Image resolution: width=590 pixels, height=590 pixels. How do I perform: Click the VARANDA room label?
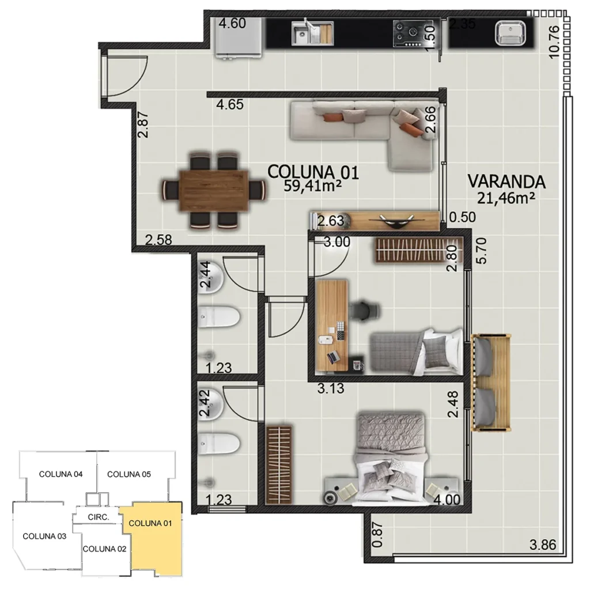tap(506, 181)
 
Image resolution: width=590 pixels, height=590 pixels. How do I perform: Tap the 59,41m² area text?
tap(313, 186)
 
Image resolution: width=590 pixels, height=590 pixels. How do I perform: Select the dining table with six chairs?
tap(214, 190)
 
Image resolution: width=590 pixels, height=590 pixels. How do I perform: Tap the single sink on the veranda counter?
tap(510, 33)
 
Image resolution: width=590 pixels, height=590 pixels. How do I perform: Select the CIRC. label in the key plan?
tap(99, 517)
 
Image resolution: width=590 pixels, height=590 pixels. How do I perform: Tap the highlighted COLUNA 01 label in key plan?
tap(150, 524)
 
